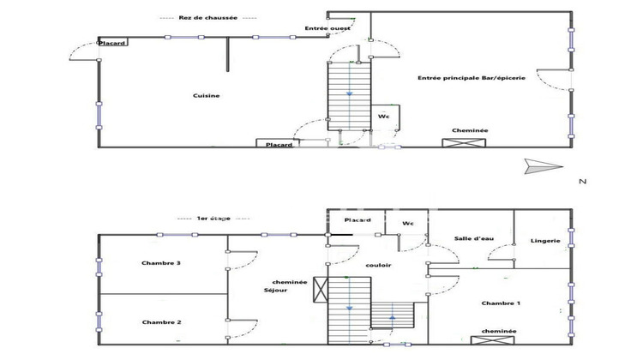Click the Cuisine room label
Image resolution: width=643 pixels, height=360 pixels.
click(x=206, y=96)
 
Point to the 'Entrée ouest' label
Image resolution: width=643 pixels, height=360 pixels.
click(x=322, y=29)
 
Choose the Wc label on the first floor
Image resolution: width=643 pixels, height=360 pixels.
click(x=408, y=224)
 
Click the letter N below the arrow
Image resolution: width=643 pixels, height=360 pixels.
click(x=582, y=181)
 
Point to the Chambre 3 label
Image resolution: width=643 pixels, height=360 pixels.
click(x=160, y=263)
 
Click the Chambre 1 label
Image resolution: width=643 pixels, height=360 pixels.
click(x=501, y=303)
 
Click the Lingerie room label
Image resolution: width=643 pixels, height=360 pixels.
click(x=545, y=241)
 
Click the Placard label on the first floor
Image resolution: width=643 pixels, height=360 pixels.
click(x=357, y=220)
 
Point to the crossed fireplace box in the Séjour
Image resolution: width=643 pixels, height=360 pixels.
click(x=321, y=291)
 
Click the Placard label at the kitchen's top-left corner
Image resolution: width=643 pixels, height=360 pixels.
click(x=113, y=43)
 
